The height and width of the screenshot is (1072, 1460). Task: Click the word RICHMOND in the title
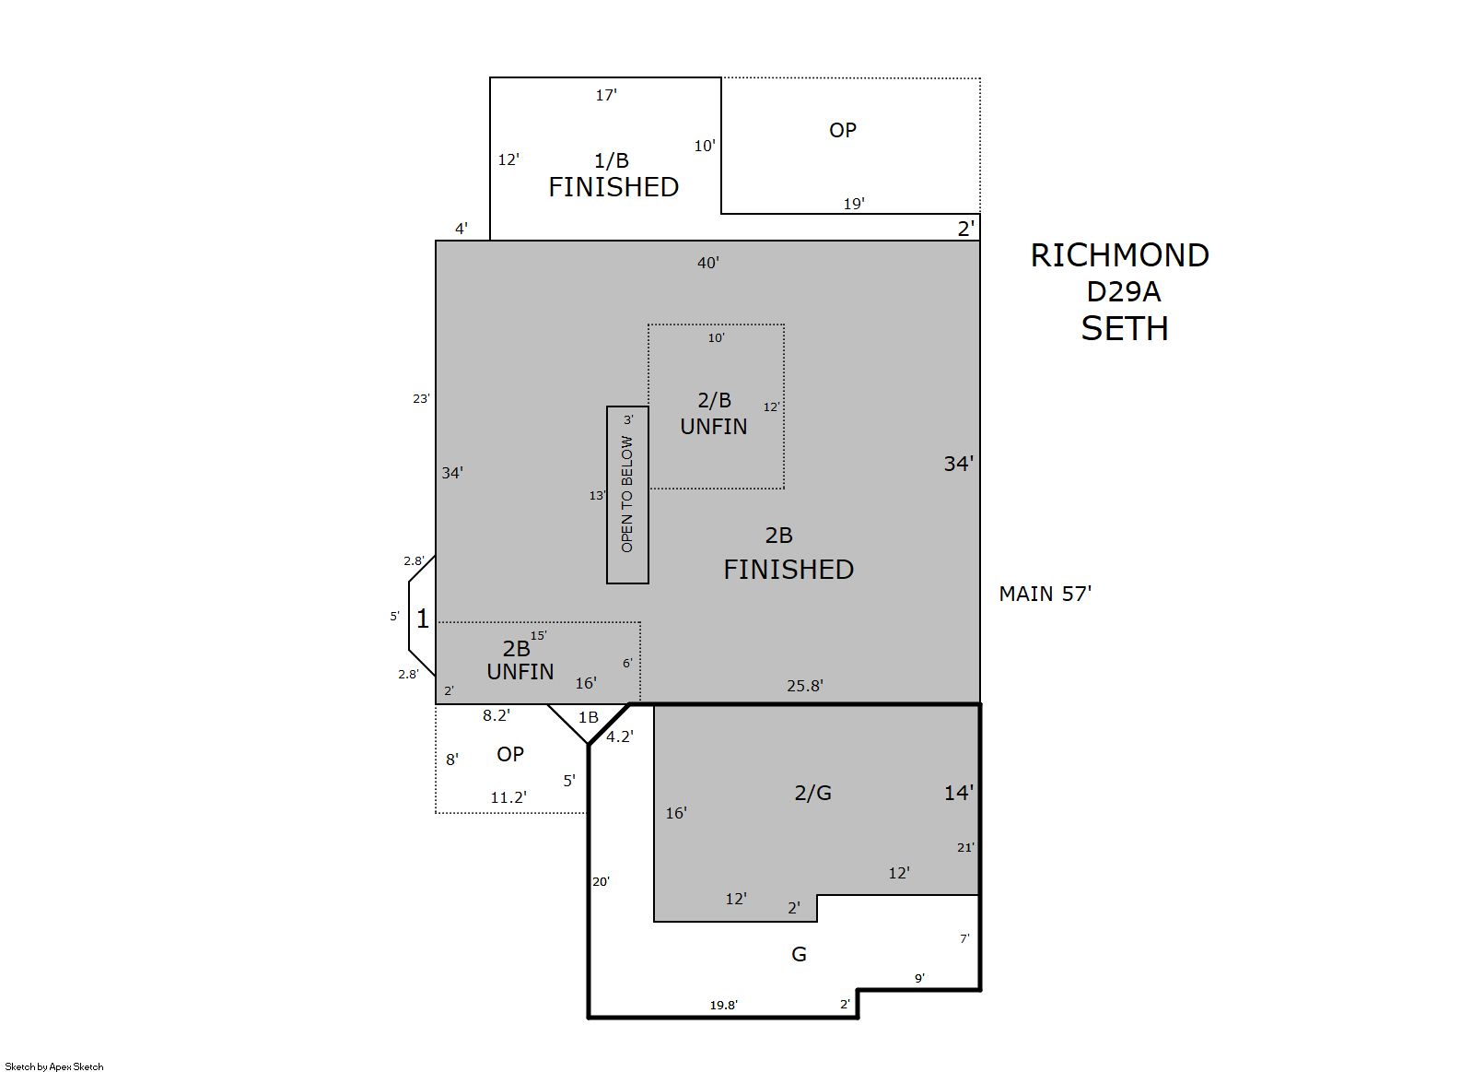[1119, 255]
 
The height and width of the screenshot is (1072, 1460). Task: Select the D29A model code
[1123, 291]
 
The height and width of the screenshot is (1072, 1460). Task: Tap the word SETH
[1125, 328]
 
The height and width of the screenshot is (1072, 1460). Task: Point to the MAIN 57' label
[1045, 594]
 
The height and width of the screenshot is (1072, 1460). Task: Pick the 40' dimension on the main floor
[707, 263]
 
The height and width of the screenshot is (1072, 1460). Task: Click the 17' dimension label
[606, 95]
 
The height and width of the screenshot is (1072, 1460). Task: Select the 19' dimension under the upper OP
[854, 204]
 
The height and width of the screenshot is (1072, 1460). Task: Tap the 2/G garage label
[812, 793]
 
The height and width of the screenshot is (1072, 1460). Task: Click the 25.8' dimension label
[805, 685]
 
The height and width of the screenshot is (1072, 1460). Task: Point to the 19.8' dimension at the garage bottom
[723, 1005]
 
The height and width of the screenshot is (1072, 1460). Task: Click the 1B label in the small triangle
[588, 717]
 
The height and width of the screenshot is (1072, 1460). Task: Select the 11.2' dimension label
[508, 796]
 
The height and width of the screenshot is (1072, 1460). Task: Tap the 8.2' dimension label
[496, 715]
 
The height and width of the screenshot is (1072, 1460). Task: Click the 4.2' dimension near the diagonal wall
[620, 736]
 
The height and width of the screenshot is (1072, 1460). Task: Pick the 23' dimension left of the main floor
[421, 398]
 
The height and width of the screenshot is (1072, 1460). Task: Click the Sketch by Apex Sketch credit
[54, 1066]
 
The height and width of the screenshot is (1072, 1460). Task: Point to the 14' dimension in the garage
[959, 793]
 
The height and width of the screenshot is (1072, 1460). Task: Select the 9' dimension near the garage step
[919, 978]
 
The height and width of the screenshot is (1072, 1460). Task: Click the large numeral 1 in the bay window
[423, 618]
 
